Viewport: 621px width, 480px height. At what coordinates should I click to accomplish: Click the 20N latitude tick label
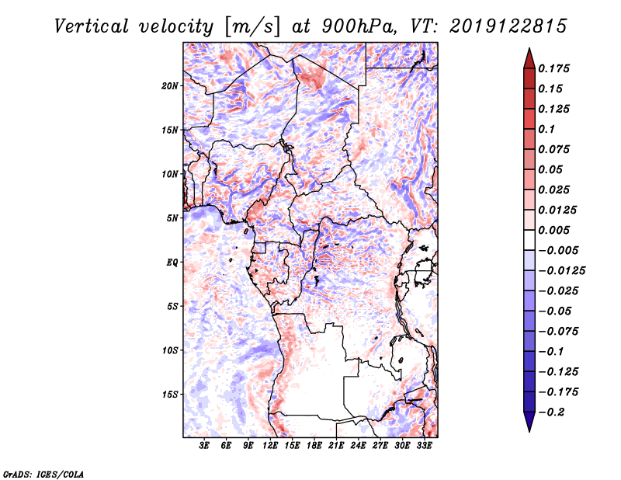(171, 85)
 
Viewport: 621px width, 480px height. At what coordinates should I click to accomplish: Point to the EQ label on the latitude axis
(172, 262)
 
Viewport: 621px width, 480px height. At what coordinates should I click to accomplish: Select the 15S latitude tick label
(171, 394)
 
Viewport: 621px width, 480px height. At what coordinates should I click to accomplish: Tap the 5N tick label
(172, 217)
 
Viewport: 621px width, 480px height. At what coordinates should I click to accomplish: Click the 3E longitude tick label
(205, 446)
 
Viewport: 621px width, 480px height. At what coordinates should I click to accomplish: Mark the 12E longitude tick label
(271, 446)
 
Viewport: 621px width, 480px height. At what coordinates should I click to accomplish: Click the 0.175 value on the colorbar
(554, 68)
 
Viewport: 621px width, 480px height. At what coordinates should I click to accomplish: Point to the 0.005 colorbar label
(554, 230)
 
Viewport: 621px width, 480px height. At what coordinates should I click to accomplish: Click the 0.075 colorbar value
(554, 149)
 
